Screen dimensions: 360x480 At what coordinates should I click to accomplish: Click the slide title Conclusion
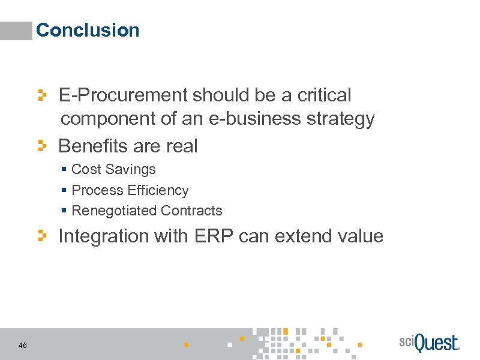pos(88,30)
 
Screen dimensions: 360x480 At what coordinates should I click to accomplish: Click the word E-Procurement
pos(122,95)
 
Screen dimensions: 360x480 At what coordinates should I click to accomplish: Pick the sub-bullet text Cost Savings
pos(113,170)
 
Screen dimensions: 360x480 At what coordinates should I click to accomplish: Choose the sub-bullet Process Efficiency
pos(130,191)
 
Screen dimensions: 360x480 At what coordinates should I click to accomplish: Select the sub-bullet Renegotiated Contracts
pos(146,211)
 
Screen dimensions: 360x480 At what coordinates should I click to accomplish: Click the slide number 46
pos(23,345)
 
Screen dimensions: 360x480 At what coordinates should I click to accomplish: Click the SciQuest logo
pos(428,343)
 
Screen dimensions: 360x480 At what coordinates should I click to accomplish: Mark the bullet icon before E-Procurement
pos(42,95)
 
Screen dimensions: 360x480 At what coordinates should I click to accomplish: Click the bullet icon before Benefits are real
pos(42,146)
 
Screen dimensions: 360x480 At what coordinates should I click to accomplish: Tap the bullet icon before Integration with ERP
pos(42,236)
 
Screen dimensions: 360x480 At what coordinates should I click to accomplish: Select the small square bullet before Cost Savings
pos(64,170)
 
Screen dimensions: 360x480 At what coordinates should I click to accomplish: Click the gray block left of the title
pos(16,31)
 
